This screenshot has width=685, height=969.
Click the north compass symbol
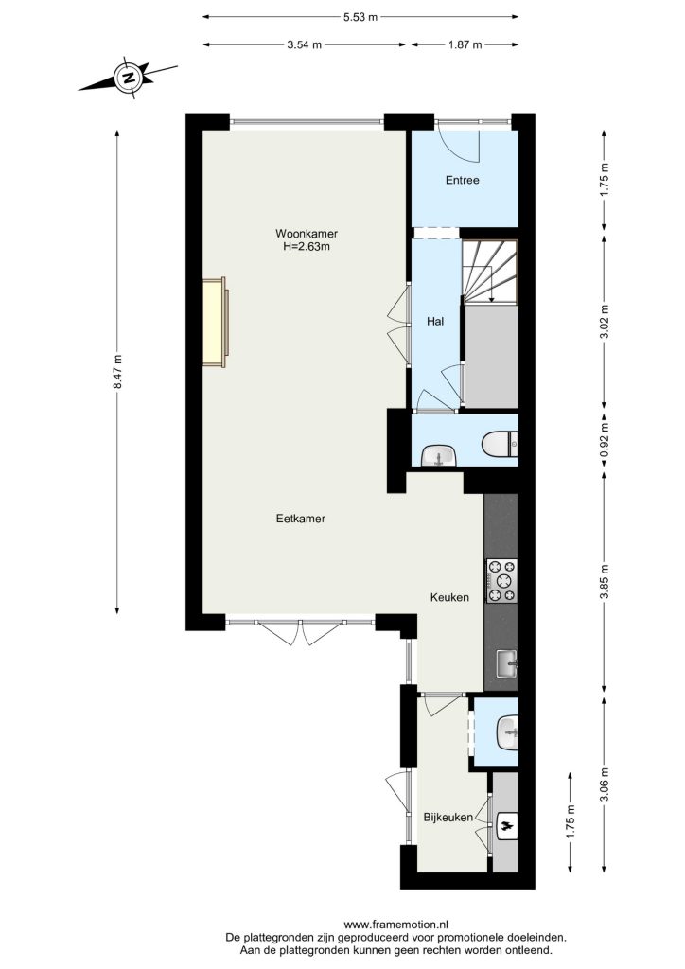pos(129,78)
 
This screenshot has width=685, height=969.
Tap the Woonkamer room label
pos(307,234)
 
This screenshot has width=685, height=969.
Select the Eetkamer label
pos(301,519)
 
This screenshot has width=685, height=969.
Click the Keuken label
pos(449,597)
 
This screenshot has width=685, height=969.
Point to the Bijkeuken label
pos(448,817)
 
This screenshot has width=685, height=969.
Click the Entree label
pos(463,180)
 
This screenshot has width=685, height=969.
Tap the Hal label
pos(435,322)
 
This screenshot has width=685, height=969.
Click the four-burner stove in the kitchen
pos(501,581)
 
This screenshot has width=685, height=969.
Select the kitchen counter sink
pos(507,664)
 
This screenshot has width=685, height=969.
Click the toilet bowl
pos(500,445)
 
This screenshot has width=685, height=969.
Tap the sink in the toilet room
pos(439,457)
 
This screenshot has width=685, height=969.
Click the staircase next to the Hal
pos(490,272)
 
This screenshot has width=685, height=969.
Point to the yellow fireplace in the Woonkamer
pos(216,322)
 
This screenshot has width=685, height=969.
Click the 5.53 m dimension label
pos(360,17)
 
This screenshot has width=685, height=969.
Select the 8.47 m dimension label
pos(117,372)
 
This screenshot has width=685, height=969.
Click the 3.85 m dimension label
pos(605,582)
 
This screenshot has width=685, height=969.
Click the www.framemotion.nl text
pos(395,925)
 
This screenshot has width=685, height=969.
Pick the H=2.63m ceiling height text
pos(307,246)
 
